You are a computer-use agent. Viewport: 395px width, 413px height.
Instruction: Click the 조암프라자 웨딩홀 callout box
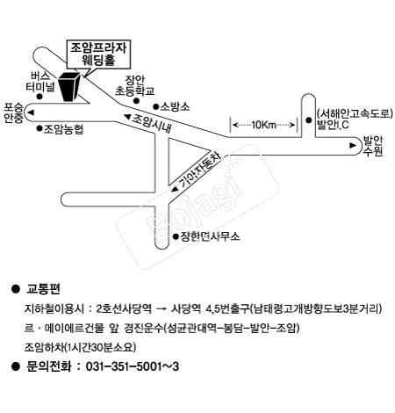point(98,54)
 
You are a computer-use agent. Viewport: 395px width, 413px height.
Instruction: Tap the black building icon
point(69,86)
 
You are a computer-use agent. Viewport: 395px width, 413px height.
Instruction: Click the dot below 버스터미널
point(39,97)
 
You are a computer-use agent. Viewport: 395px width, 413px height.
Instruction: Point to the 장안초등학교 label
point(134,85)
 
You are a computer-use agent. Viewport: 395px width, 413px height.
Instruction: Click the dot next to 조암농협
point(39,128)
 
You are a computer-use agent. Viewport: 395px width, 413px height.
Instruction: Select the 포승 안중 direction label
point(13,112)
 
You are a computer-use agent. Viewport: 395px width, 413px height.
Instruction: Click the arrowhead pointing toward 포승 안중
point(31,112)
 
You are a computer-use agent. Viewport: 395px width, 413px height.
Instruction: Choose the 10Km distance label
point(263,125)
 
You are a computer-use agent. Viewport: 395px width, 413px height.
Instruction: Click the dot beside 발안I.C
point(308,120)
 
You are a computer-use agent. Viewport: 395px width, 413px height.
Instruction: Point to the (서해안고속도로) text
point(355,113)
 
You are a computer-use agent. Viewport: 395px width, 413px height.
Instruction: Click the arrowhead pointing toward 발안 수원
point(353,145)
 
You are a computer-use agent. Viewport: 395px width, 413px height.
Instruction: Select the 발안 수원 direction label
point(373,146)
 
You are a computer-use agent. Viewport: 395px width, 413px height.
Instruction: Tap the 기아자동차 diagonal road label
point(200,170)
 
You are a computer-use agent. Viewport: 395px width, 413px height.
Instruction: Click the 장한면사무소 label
point(210,236)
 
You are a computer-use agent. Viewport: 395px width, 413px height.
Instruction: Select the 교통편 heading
point(43,289)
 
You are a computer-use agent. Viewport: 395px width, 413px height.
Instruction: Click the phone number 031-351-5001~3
point(133,366)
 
